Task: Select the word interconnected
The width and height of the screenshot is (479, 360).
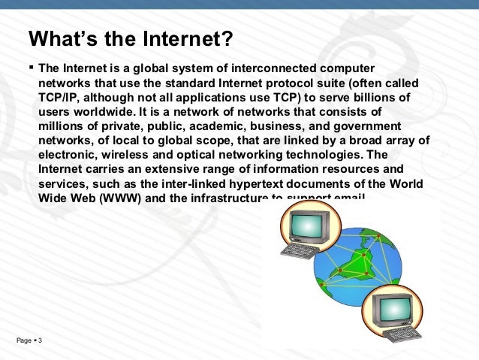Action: (x=255, y=70)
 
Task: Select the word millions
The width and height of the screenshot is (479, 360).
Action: (x=63, y=126)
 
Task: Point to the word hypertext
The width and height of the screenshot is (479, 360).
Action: (x=259, y=183)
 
